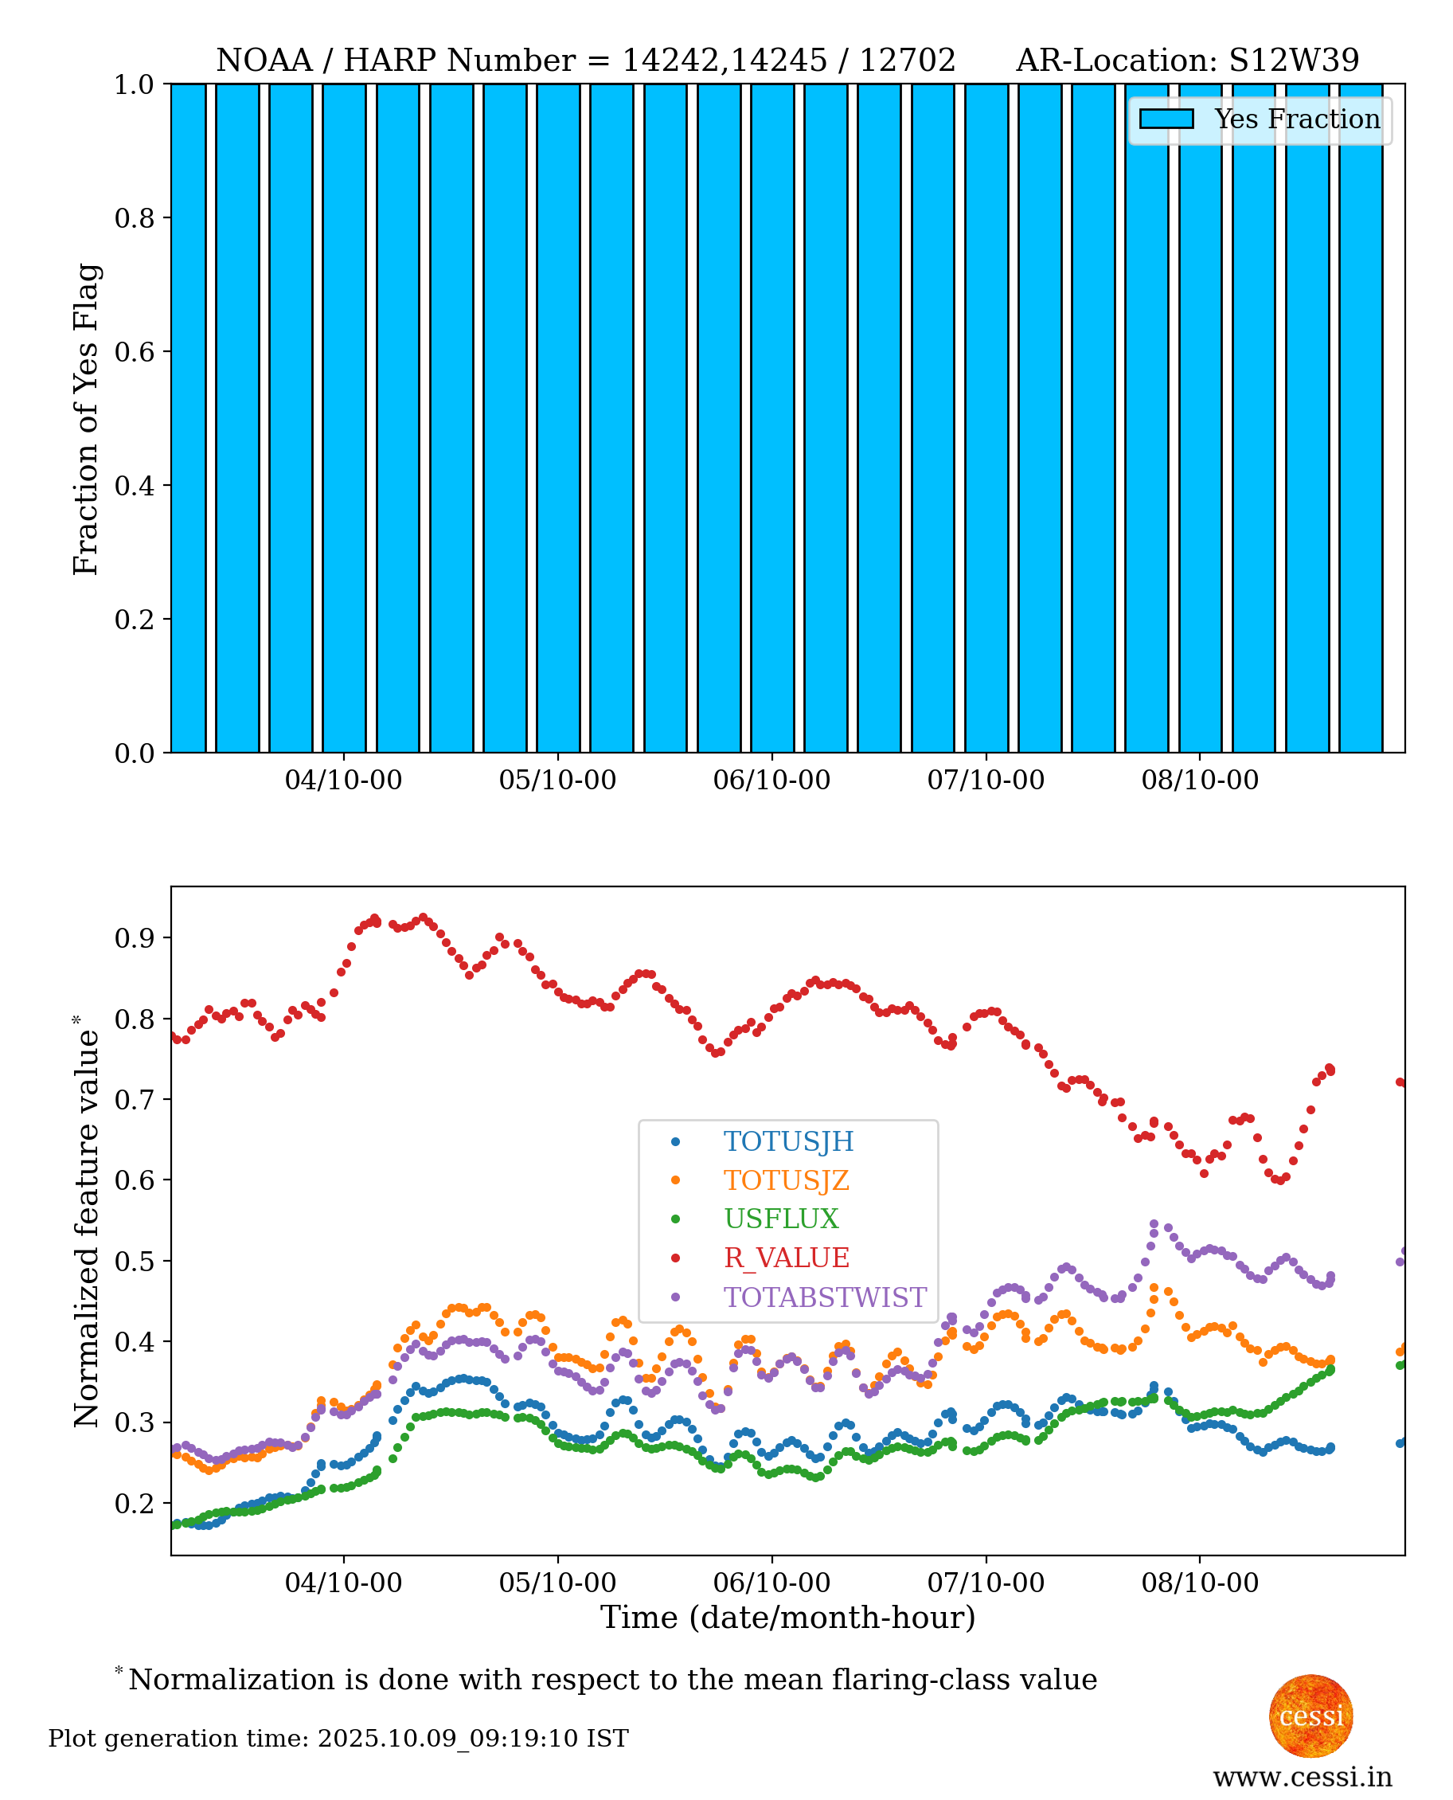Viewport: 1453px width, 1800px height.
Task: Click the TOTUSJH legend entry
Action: [787, 1142]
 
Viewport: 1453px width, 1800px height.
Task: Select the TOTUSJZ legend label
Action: [786, 1180]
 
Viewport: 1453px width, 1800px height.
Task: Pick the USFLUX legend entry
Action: [780, 1219]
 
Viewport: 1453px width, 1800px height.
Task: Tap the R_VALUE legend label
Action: [786, 1258]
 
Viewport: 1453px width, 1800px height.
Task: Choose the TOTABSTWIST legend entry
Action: [824, 1297]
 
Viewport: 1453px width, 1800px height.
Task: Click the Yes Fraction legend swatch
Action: [1166, 119]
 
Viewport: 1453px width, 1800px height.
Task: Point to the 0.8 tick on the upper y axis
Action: [134, 217]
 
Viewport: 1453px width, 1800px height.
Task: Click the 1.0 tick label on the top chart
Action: [134, 84]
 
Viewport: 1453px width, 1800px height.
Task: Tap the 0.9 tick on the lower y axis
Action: [134, 937]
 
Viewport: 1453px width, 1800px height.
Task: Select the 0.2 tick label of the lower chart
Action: [134, 1503]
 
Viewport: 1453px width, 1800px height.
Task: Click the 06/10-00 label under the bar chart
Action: [771, 781]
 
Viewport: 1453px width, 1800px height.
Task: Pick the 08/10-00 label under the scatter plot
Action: [1199, 1583]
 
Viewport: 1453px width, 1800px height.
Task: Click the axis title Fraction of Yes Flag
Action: [86, 419]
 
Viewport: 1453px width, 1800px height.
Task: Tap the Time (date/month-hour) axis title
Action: [787, 1618]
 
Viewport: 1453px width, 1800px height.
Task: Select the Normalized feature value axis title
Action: [86, 1223]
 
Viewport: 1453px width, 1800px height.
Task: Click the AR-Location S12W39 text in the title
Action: [1187, 61]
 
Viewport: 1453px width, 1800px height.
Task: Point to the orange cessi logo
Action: [1310, 1716]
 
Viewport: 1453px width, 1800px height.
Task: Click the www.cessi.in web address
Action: [1303, 1777]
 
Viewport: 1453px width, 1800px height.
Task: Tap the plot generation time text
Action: [338, 1738]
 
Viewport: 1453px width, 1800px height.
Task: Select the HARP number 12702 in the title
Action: [908, 61]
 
